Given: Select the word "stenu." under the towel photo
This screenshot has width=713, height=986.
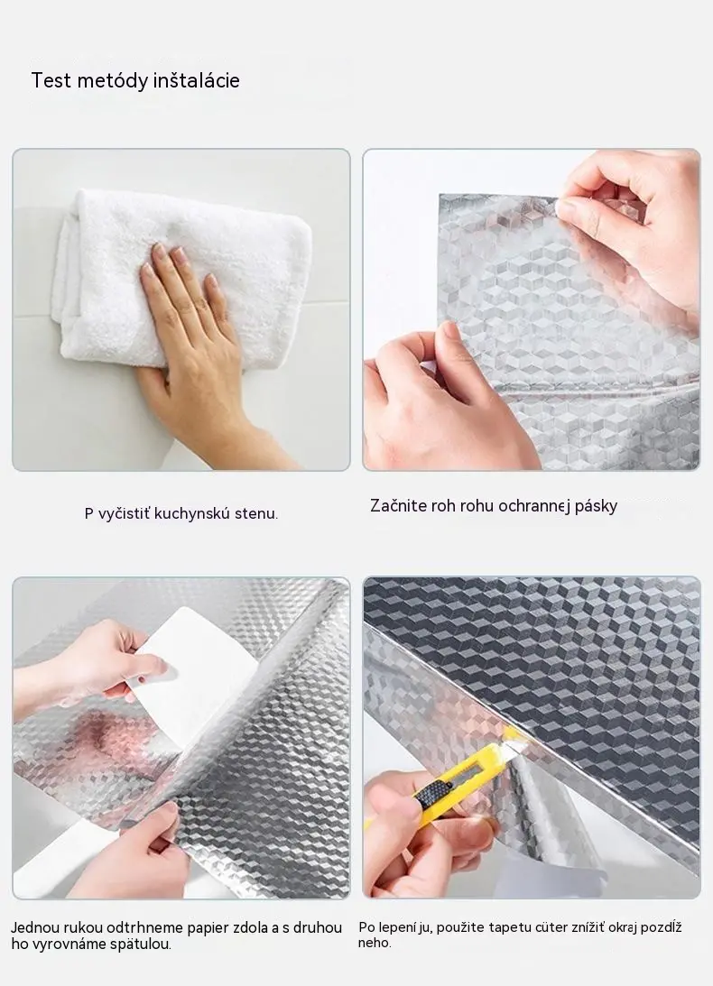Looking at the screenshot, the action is [256, 514].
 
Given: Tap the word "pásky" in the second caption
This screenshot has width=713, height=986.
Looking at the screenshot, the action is [596, 507].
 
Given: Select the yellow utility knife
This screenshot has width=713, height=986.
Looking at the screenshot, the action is [460, 783].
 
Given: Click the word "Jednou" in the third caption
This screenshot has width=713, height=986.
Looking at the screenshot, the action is [34, 927].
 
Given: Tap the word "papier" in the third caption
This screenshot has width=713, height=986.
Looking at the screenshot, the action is [207, 928].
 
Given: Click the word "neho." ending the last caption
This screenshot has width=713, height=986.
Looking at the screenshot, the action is [375, 943].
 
